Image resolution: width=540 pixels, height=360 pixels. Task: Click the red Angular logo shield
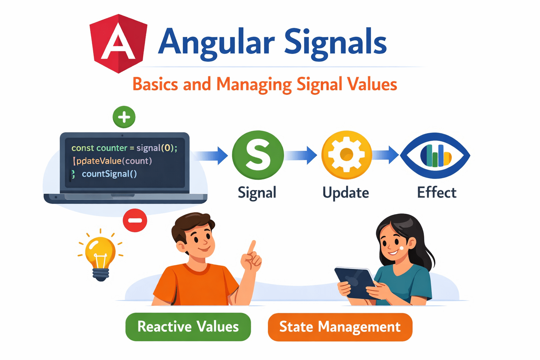[x=118, y=44]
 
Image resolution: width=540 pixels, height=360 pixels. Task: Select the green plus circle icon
[x=124, y=117]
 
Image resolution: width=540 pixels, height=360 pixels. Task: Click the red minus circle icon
[x=135, y=220]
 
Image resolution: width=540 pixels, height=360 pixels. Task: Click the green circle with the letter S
[x=258, y=155]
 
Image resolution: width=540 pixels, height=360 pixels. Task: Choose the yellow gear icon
[x=347, y=155]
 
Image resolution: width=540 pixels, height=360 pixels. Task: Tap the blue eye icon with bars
[x=435, y=155]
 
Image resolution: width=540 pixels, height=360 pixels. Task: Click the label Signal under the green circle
[x=257, y=193]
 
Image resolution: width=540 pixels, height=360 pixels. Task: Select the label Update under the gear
[x=346, y=193]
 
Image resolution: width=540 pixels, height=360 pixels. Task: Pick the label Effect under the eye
[x=437, y=193]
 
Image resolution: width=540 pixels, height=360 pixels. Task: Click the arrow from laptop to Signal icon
[x=211, y=155]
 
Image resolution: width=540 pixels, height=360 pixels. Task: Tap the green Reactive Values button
[x=188, y=327]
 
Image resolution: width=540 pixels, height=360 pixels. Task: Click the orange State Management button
[x=340, y=327]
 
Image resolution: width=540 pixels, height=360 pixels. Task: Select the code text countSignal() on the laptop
[x=109, y=174]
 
